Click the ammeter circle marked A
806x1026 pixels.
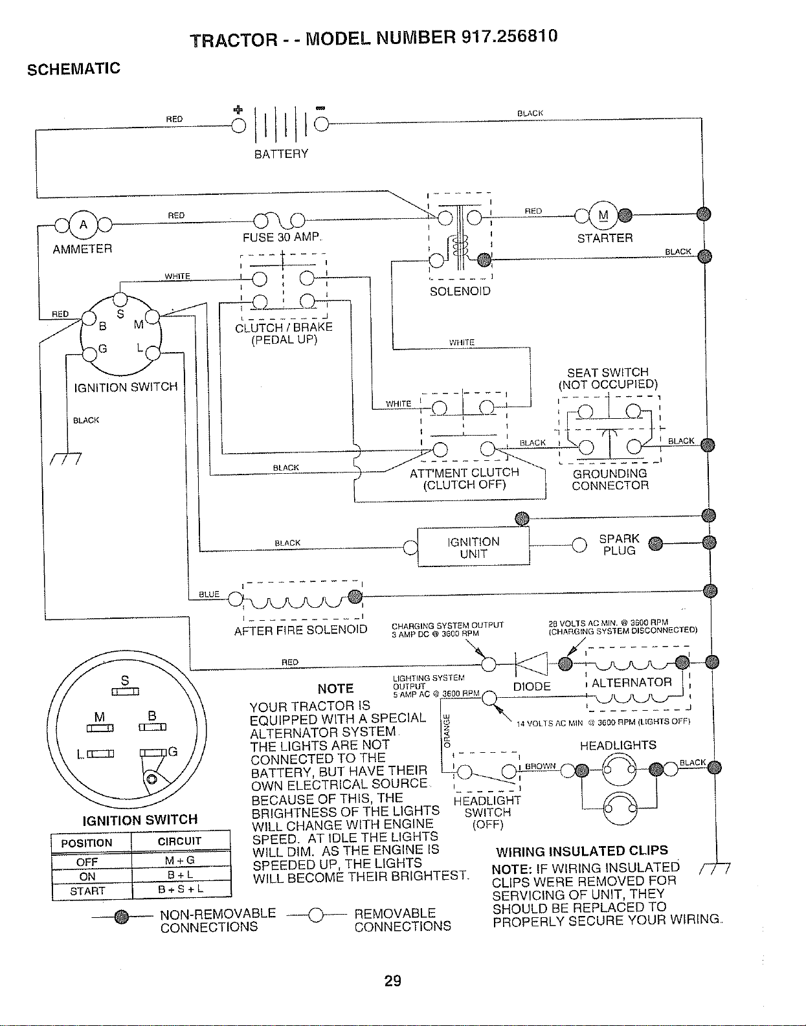click(83, 225)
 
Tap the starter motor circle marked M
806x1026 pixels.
click(603, 216)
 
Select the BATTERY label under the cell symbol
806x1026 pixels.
click(281, 154)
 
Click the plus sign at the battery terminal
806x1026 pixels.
click(238, 110)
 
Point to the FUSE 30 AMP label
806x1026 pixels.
click(282, 236)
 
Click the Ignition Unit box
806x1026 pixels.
click(473, 547)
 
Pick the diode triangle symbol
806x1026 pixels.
click(532, 664)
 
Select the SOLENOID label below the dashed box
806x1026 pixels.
click(460, 291)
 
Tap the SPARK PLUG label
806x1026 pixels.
click(619, 544)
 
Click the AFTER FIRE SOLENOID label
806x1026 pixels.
click(301, 630)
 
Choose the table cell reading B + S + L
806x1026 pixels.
click(181, 889)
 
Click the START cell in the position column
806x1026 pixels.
click(87, 891)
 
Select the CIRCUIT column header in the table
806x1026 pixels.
click(179, 841)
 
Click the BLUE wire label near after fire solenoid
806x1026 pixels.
click(209, 594)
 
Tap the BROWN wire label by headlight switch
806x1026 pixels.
click(540, 765)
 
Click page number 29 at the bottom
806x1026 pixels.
click(393, 981)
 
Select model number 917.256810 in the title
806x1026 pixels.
click(509, 36)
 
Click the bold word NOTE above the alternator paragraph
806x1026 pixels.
click(336, 688)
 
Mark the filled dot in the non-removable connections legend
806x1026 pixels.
click(121, 917)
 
